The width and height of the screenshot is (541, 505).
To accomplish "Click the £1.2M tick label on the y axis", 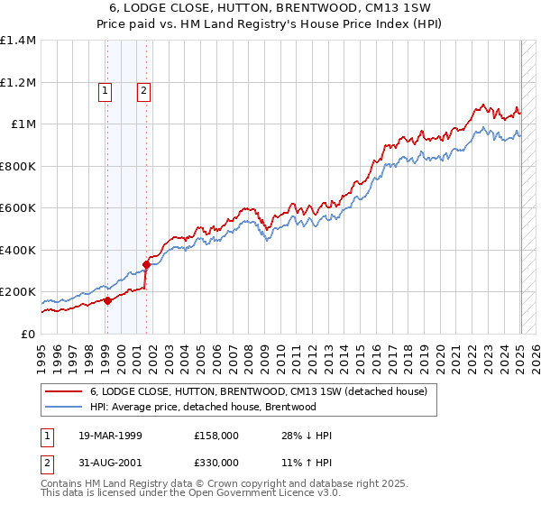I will click(x=18, y=82).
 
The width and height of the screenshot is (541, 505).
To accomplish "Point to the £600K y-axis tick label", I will click(x=18, y=208).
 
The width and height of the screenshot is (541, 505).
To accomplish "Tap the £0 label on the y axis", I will click(x=29, y=335).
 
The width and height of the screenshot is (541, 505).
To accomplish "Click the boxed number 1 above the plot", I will click(x=105, y=89).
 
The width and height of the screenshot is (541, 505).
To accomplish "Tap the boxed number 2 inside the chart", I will click(x=143, y=89).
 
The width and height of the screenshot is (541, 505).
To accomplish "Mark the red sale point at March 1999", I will click(x=107, y=301).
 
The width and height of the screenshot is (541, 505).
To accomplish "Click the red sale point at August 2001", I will click(x=145, y=264).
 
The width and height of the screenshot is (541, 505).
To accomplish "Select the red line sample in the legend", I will click(x=63, y=391).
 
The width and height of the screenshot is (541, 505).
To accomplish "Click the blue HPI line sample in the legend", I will click(x=63, y=407).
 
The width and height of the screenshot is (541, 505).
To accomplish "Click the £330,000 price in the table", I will click(x=216, y=463).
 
